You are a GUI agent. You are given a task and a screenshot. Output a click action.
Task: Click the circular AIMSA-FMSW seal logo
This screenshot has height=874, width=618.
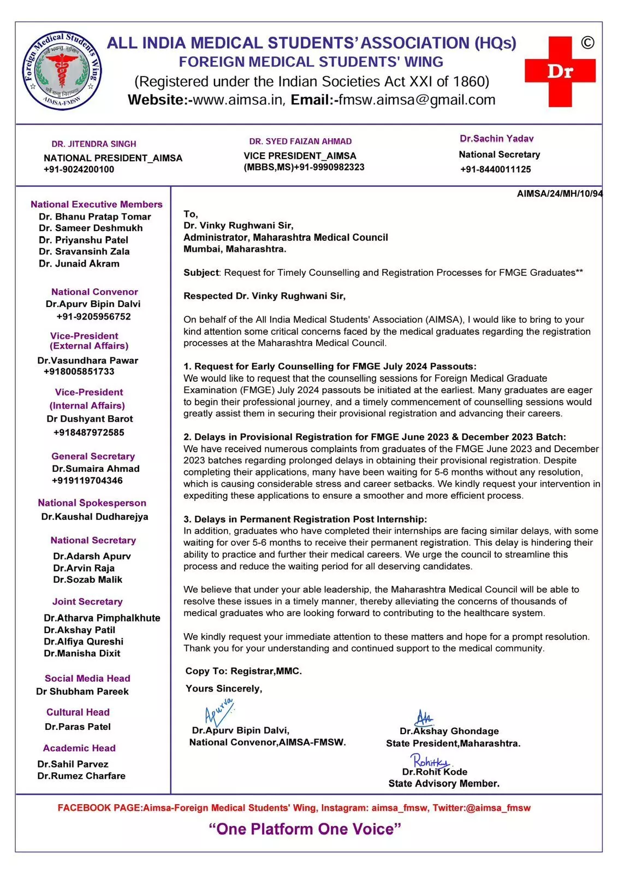[x=62, y=70]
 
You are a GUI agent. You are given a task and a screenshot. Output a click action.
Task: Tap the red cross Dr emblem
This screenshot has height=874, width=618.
[x=560, y=72]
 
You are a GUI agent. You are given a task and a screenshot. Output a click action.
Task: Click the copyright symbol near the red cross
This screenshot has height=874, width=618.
[x=587, y=43]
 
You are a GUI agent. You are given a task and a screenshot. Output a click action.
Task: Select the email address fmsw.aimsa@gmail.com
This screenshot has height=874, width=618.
[x=417, y=100]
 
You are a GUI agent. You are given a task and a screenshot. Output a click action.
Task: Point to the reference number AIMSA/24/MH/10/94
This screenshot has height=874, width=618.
[x=560, y=194]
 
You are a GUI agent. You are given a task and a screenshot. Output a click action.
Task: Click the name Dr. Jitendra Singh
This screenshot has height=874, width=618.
[x=94, y=144]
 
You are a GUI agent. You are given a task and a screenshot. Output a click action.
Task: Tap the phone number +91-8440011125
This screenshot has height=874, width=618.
[x=495, y=169]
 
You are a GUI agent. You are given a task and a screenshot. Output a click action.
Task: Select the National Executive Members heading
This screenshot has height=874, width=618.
[x=97, y=204]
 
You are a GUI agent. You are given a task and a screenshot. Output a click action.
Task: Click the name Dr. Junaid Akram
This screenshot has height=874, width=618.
[x=79, y=263]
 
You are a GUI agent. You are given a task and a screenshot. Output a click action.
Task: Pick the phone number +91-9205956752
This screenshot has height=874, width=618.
[x=93, y=317]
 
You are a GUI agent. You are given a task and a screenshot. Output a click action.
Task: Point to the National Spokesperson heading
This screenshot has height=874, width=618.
[x=92, y=503]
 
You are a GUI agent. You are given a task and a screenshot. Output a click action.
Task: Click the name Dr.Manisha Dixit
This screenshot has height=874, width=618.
[x=82, y=653]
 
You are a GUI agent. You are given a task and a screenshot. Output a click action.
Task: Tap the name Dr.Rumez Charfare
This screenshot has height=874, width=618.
[x=81, y=776]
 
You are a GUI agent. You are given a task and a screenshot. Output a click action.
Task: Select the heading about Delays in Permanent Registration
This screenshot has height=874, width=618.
[x=305, y=519]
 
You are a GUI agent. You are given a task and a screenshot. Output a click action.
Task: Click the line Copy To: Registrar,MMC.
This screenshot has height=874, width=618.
[x=243, y=671]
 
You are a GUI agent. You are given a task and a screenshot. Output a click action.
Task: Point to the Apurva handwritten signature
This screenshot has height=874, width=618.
[x=218, y=711]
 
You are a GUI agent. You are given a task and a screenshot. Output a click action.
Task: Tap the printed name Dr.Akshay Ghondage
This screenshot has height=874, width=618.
[x=449, y=731]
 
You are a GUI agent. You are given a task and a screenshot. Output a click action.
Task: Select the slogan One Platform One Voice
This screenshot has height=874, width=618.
[x=305, y=829]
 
